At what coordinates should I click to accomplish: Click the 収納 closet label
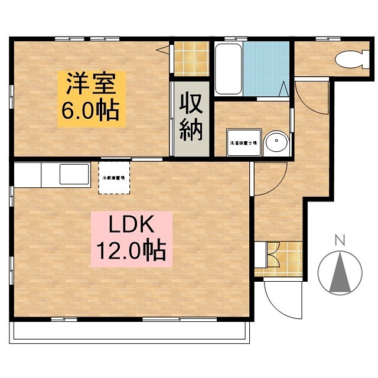coord(191,118)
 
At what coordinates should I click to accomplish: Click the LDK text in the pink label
coord(131,226)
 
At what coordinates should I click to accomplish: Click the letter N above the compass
coord(339,240)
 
